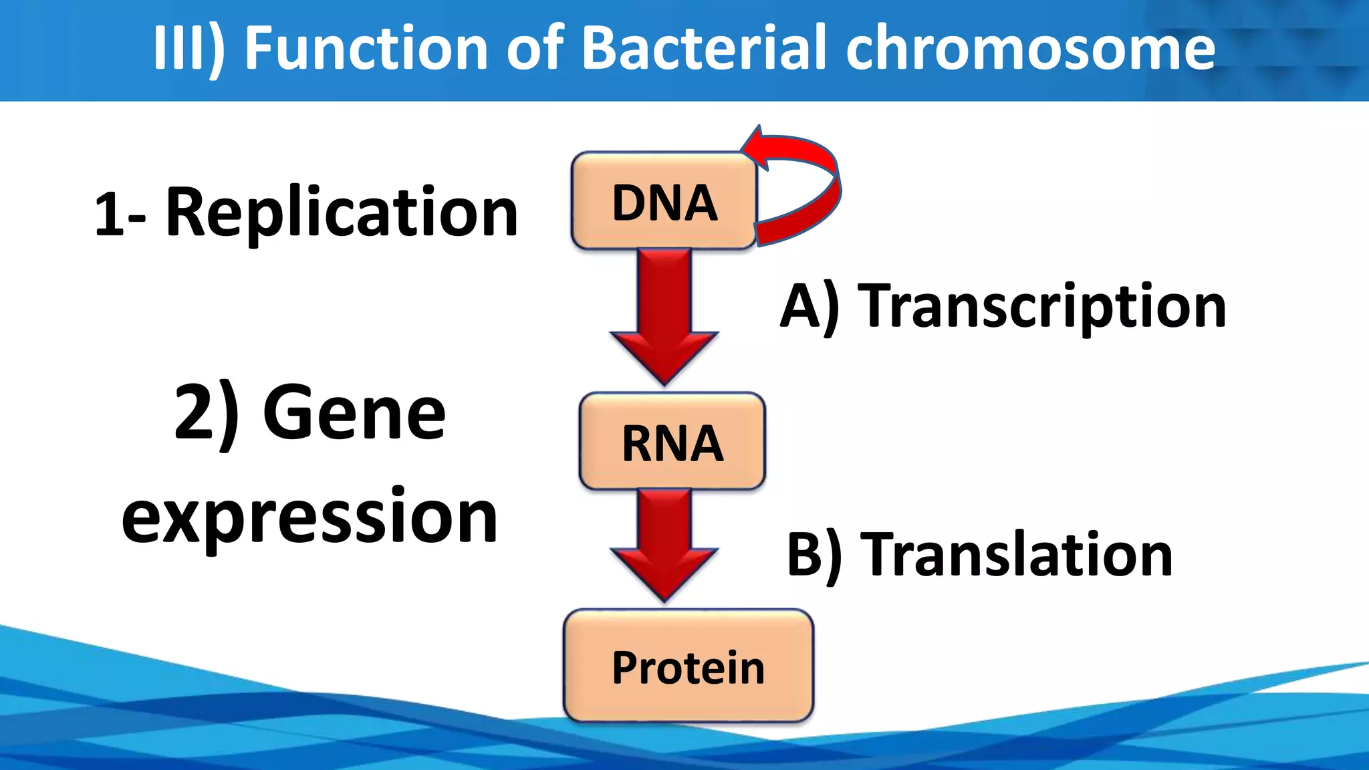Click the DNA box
664,201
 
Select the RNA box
672,442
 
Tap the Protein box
688,666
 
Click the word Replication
342,213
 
